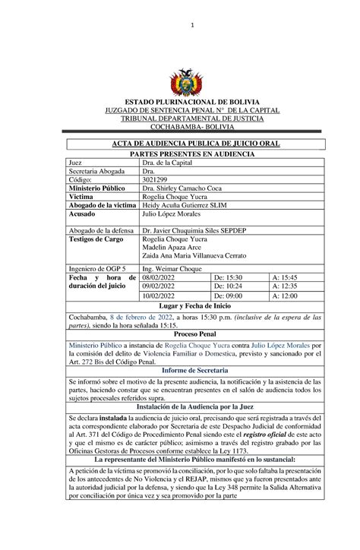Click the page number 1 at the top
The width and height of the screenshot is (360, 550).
click(x=193, y=25)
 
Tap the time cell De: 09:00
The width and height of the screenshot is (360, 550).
click(x=229, y=318)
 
